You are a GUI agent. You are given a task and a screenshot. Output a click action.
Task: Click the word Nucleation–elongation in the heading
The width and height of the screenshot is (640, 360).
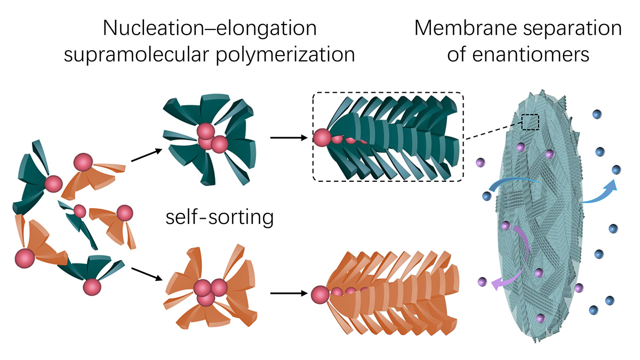(x=210, y=28)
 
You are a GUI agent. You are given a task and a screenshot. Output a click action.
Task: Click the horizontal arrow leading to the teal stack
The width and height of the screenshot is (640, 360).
(x=289, y=138)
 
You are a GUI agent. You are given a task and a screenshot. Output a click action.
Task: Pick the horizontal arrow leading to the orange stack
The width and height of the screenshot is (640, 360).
(x=289, y=293)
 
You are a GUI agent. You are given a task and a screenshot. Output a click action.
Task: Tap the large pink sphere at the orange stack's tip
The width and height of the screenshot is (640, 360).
(x=321, y=294)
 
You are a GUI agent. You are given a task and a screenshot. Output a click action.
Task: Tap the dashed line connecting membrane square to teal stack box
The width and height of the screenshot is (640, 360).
(x=493, y=131)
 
